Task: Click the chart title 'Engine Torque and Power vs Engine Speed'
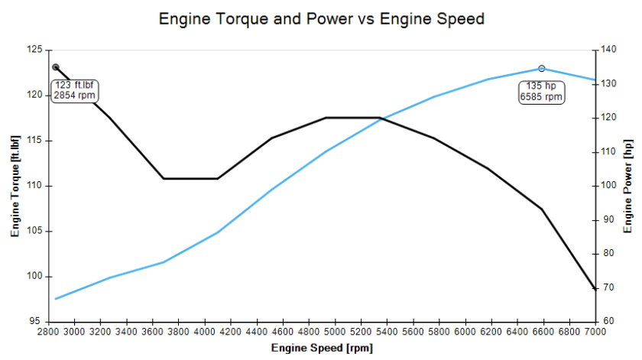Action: (x=321, y=18)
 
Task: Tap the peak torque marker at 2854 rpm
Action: (x=56, y=67)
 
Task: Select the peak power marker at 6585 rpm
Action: (x=542, y=69)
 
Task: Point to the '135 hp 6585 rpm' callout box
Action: (x=541, y=92)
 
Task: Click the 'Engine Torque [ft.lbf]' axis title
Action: (x=15, y=186)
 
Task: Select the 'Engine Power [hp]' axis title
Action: (x=628, y=186)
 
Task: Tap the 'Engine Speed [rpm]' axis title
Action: (x=320, y=349)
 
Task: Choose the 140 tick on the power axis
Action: (x=608, y=50)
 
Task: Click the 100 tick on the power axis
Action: (x=608, y=186)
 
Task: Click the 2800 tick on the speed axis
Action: (x=47, y=332)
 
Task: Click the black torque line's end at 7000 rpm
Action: (x=595, y=289)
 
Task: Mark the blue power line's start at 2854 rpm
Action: (x=56, y=299)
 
